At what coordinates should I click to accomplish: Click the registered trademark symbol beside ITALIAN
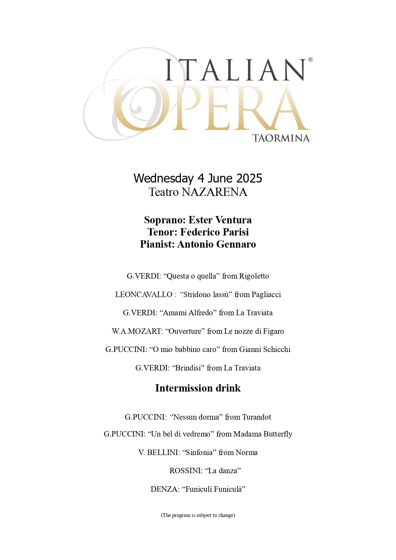(310, 60)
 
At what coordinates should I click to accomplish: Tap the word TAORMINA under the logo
(281, 138)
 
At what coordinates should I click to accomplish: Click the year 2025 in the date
(249, 178)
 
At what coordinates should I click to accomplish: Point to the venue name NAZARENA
(214, 192)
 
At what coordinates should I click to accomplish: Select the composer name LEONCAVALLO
(144, 295)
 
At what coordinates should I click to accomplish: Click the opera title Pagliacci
(266, 295)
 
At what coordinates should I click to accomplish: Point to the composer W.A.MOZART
(137, 331)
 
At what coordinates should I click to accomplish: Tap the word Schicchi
(277, 349)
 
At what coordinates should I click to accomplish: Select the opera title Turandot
(256, 417)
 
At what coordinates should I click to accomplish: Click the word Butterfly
(277, 434)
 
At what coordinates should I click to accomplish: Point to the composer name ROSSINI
(186, 471)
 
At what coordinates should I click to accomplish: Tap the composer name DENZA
(165, 489)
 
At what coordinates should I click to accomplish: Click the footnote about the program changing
(198, 515)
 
